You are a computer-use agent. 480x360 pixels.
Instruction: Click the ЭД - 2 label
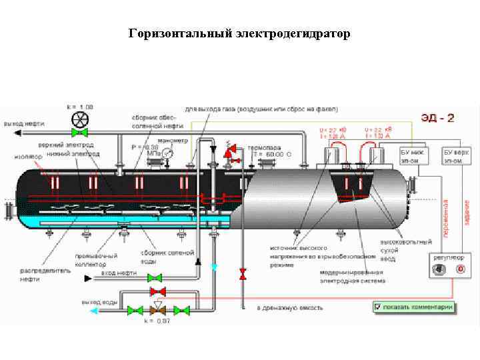437,118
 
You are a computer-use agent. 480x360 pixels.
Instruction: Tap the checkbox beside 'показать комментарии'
378,307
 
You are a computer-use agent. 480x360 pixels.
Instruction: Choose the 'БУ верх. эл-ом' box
457,156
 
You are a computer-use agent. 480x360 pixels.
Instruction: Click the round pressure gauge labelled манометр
166,153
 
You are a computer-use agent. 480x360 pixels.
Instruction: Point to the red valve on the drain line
243,273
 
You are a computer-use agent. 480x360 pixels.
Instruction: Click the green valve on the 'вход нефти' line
155,277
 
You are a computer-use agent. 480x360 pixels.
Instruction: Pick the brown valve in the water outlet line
158,310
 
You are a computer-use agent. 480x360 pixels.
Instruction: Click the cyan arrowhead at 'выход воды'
94,310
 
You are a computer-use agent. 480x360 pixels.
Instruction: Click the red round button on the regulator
460,269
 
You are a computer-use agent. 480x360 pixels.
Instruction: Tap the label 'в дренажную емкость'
290,308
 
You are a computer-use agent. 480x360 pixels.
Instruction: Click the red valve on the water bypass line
158,291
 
